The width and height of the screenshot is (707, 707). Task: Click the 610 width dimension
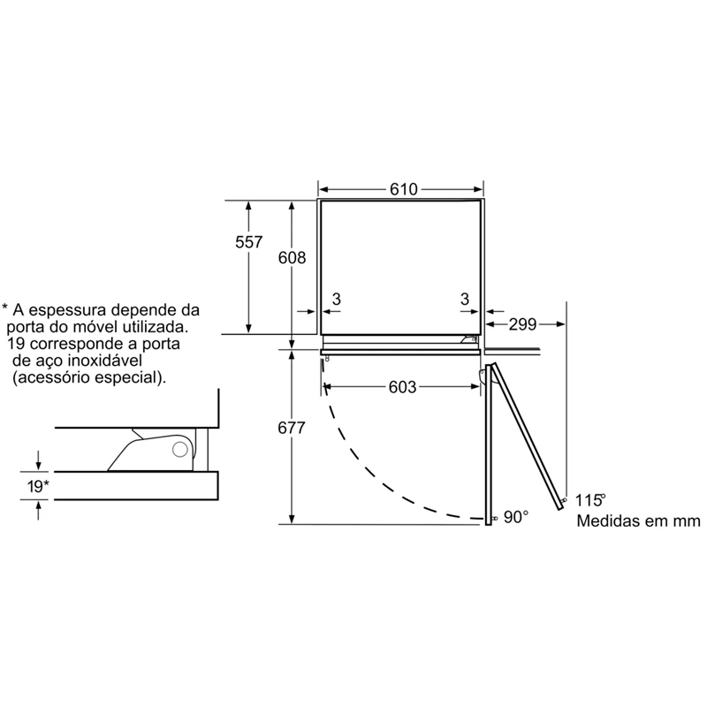(404, 189)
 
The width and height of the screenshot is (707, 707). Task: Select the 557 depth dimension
(248, 242)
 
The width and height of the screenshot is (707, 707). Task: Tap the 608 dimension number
(292, 258)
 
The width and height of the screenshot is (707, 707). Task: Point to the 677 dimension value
(292, 428)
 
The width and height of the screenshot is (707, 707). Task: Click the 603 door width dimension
(403, 387)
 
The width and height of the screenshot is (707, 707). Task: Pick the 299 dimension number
(522, 324)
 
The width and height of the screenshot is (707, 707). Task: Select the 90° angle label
(516, 517)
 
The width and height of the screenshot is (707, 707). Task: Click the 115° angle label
(590, 500)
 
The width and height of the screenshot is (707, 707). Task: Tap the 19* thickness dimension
(38, 487)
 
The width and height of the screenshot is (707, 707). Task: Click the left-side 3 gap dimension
(337, 299)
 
